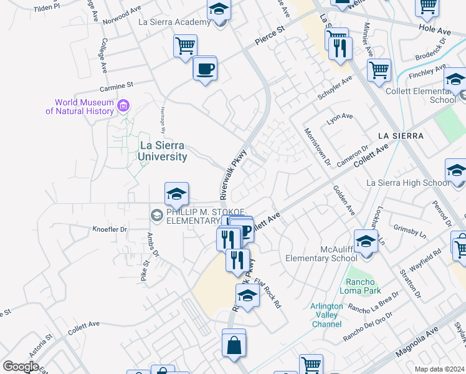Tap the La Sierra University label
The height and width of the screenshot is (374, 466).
[x=163, y=151]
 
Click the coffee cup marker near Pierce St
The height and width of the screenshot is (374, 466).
[x=204, y=69]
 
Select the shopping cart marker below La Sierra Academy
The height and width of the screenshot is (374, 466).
[x=185, y=46]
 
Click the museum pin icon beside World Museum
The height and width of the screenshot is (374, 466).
[x=123, y=106]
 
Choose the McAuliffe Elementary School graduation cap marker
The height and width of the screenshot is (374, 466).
[x=366, y=242]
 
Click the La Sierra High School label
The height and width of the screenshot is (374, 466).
[x=407, y=183]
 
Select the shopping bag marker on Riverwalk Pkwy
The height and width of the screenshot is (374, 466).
[x=234, y=345]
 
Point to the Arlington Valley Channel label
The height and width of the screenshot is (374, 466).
[x=326, y=315]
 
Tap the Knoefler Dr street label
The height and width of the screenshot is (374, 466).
[x=110, y=229]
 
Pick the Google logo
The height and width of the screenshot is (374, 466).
[x=21, y=367]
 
